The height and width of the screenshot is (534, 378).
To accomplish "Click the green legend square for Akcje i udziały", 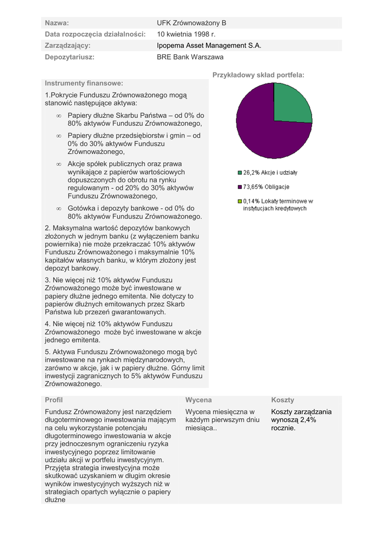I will point(240,173).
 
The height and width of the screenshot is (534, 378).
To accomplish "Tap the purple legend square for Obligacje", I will point(240,187).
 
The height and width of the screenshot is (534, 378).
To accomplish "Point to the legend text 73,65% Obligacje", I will point(266,187).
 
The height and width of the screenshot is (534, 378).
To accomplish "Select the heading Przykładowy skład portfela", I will point(258,76).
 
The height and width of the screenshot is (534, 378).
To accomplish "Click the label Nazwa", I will point(57,23).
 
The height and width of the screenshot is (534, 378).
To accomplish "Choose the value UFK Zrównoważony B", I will point(192,23).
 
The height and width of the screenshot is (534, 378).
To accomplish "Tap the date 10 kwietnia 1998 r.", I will point(186,34).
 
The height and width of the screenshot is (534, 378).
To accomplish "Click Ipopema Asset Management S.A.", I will point(209,46).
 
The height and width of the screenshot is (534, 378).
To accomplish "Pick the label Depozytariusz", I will point(69,57).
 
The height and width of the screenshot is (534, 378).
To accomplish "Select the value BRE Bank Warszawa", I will point(190,57).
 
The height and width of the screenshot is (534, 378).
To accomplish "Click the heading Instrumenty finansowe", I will point(84,83).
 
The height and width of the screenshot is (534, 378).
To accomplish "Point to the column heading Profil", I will point(54,400).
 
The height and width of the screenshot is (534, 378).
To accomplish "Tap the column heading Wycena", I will point(198,400).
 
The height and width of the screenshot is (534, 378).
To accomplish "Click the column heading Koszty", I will point(282,400).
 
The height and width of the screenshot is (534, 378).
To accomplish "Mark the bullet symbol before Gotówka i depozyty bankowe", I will point(58,208).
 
